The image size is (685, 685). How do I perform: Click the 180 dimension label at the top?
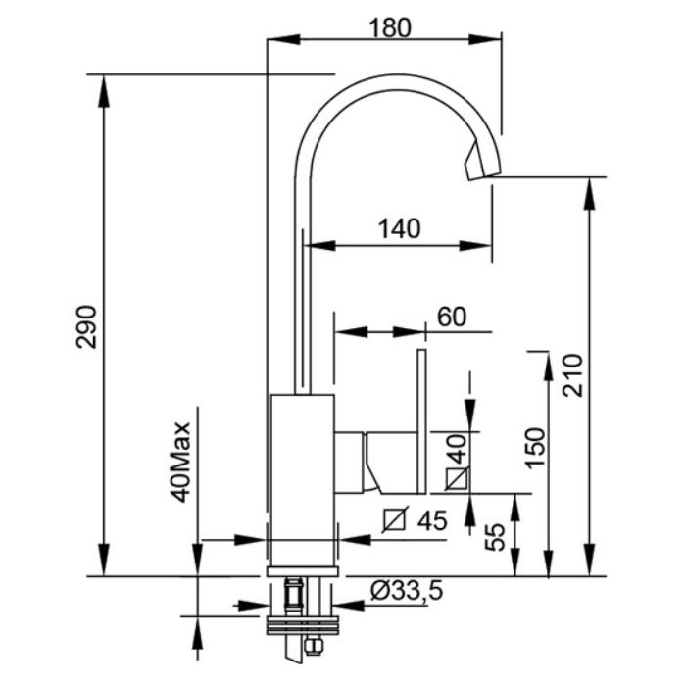pos(390,27)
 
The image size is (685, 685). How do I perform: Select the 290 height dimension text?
pos(86,326)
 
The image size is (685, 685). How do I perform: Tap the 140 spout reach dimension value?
pos(399,228)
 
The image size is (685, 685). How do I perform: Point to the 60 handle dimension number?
pos(452,317)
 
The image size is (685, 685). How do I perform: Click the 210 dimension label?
pos(572,375)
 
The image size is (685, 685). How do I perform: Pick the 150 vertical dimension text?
pos(536,448)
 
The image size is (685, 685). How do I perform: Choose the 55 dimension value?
pos(495,537)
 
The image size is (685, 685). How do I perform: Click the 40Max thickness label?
pos(180,463)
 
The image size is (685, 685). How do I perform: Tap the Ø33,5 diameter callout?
pos(407,591)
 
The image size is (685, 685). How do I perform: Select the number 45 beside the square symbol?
pos(432,519)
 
